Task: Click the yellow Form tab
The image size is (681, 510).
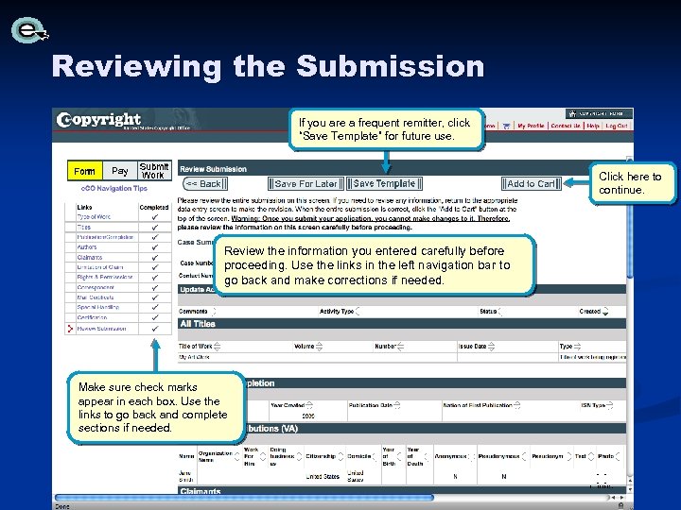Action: [x=85, y=171]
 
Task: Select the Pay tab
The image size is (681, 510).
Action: [x=119, y=171]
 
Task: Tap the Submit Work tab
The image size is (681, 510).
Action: [x=153, y=171]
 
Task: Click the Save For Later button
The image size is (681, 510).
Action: [x=306, y=183]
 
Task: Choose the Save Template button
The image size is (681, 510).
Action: [x=384, y=183]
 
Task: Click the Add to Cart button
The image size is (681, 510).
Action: [x=532, y=183]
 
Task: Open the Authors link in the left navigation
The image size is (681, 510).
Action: [x=87, y=247]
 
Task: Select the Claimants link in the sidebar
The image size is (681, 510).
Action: [x=90, y=257]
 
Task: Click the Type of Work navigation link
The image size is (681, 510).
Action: [x=94, y=217]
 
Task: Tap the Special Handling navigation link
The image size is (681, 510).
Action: [x=98, y=307]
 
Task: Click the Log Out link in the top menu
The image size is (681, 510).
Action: [x=617, y=125]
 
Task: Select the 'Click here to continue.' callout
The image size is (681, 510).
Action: [x=630, y=183]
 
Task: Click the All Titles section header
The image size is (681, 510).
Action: [x=199, y=323]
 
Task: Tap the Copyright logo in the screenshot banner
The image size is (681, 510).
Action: [x=99, y=121]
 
